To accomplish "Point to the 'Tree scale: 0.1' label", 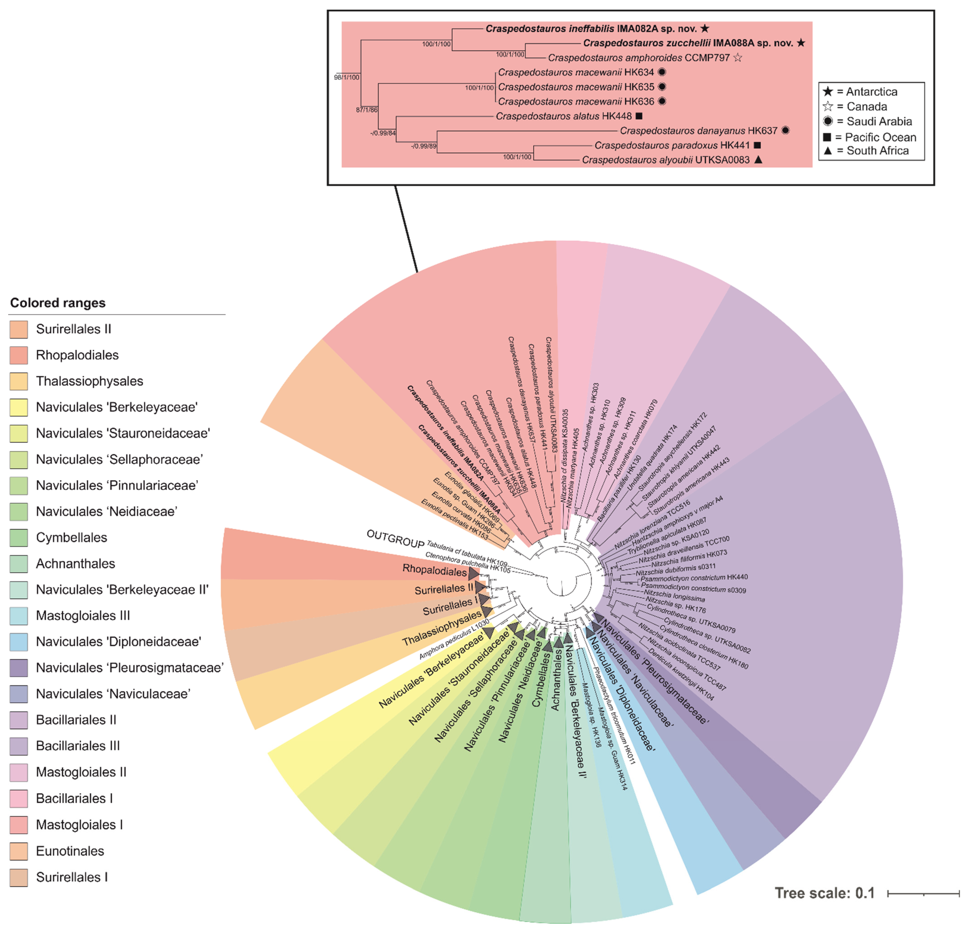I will tap(824, 893).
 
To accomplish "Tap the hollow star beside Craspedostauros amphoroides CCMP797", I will tap(738, 58).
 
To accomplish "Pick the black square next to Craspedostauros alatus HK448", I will tap(639, 116).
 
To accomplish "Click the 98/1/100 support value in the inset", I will tap(347, 77).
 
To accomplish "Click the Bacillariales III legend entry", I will tap(77, 746).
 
